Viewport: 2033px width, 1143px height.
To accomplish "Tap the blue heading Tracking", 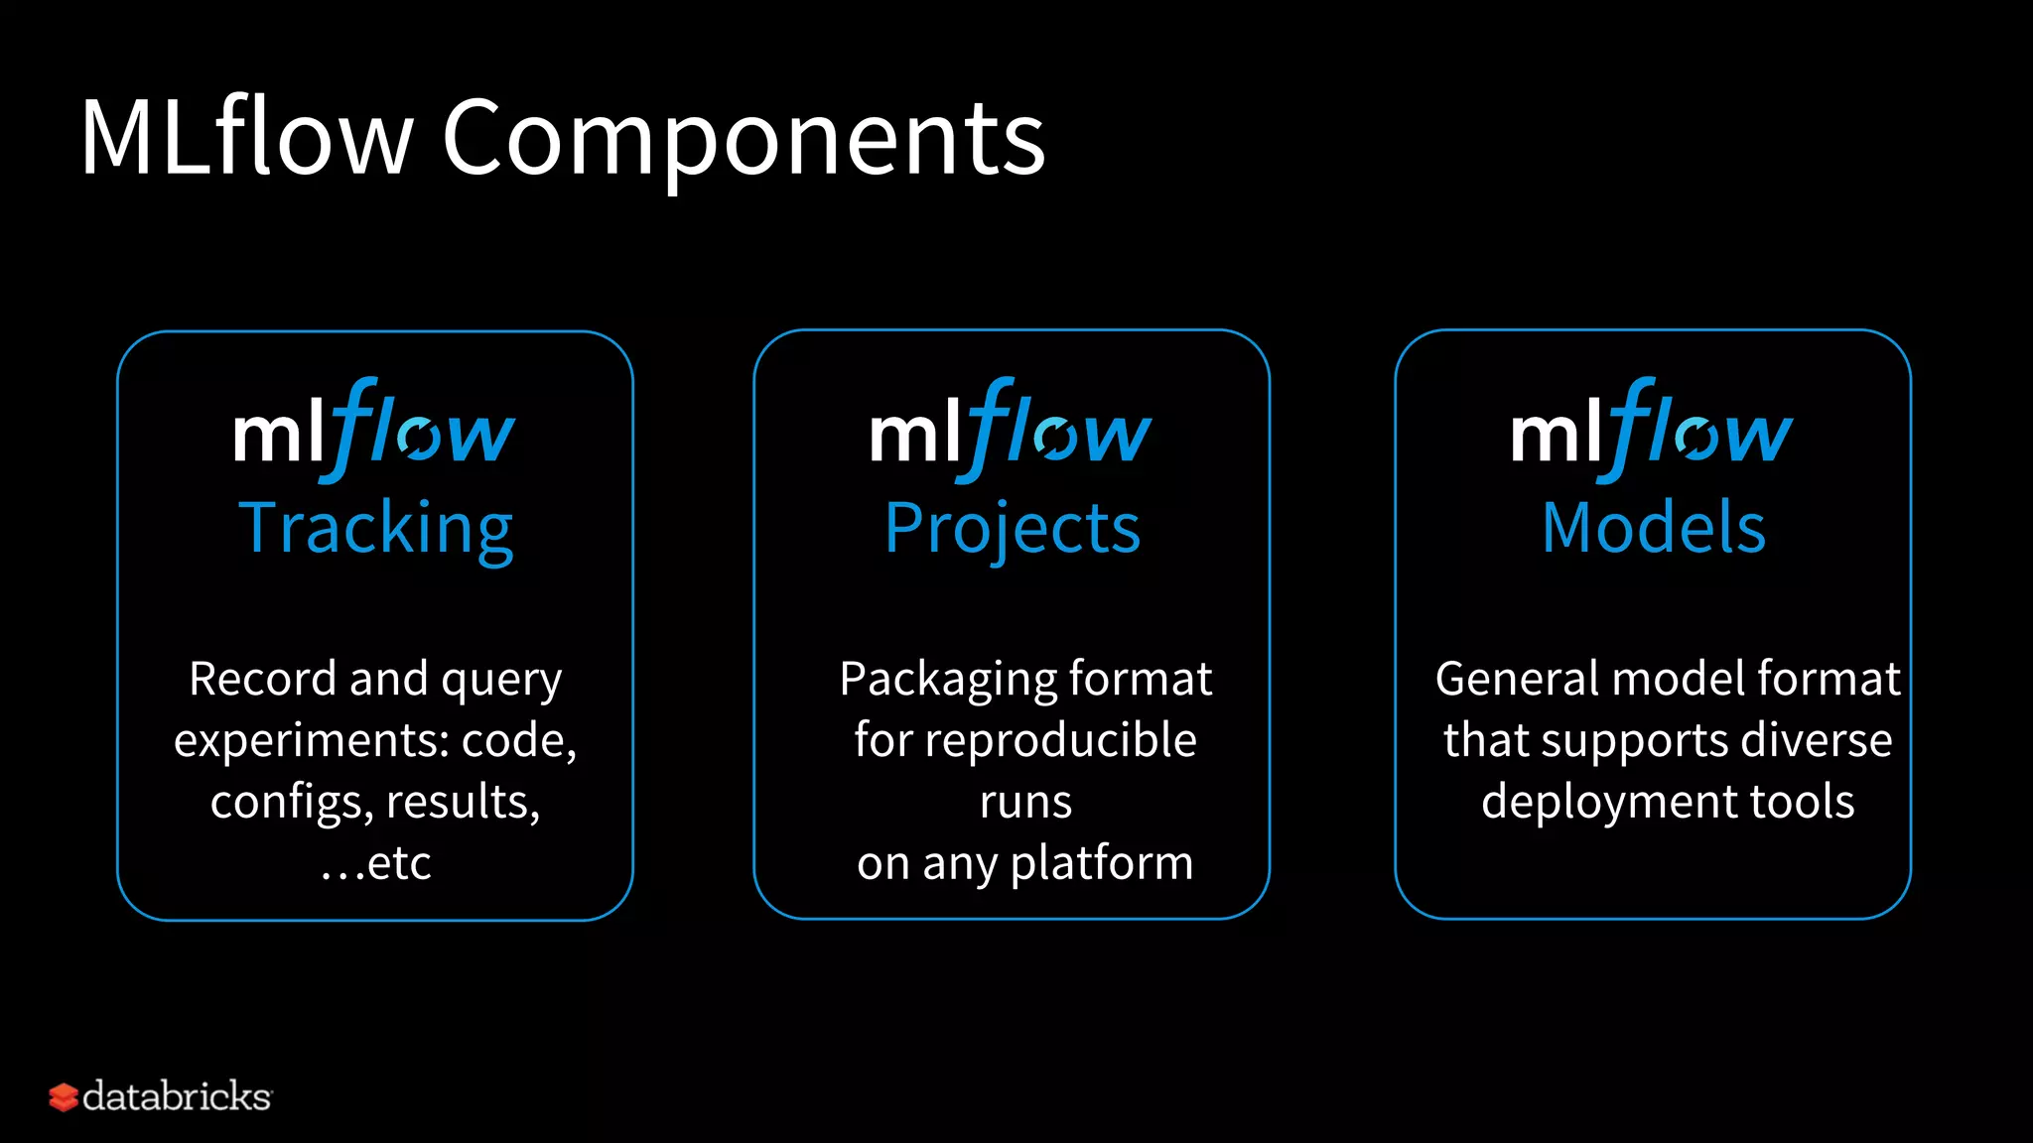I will (x=376, y=529).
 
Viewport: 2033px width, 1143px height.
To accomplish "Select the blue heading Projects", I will (x=1013, y=529).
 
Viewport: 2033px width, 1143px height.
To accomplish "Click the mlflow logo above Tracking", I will (x=374, y=431).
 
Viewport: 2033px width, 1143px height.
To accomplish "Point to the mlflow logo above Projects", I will (x=1011, y=431).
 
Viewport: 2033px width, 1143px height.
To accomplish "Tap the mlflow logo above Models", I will (x=1652, y=431).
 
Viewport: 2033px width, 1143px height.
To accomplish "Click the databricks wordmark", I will (x=177, y=1096).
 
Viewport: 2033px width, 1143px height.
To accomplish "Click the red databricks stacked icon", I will (x=64, y=1097).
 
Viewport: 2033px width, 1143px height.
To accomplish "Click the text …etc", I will (x=376, y=863).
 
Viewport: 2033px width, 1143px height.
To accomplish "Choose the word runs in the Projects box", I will (x=1025, y=802).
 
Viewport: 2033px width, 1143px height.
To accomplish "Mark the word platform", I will (x=1102, y=863).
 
